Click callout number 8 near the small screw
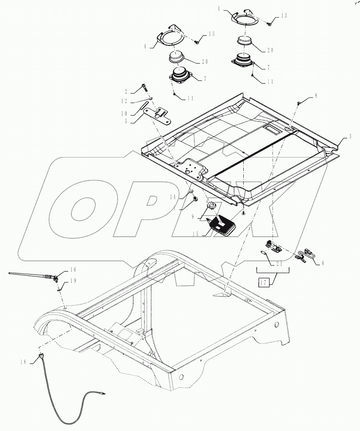[316, 97]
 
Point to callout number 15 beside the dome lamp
[196, 234]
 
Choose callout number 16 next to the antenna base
[73, 270]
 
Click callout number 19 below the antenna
[73, 281]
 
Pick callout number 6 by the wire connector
[323, 263]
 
